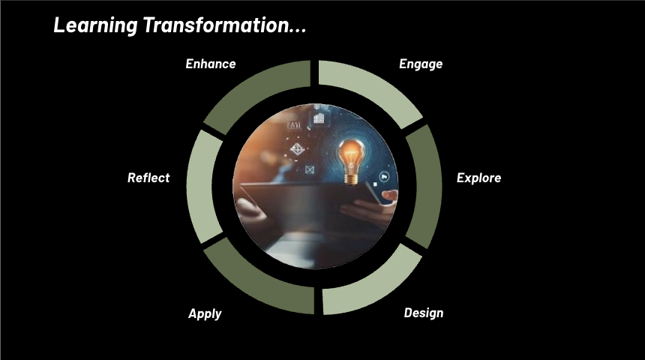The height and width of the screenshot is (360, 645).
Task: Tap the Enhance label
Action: pyautogui.click(x=211, y=64)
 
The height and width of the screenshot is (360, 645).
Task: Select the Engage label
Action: pyautogui.click(x=421, y=64)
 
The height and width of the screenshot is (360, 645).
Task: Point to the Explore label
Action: pyautogui.click(x=478, y=178)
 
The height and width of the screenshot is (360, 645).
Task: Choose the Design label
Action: pyautogui.click(x=423, y=313)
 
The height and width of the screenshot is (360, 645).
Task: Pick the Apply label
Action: pyautogui.click(x=205, y=313)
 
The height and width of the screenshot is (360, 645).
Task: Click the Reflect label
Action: pyautogui.click(x=148, y=178)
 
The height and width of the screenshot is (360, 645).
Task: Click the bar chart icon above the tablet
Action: pyautogui.click(x=319, y=118)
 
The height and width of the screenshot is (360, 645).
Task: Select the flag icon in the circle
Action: pyautogui.click(x=385, y=177)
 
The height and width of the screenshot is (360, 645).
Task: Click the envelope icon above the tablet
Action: pyautogui.click(x=309, y=171)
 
